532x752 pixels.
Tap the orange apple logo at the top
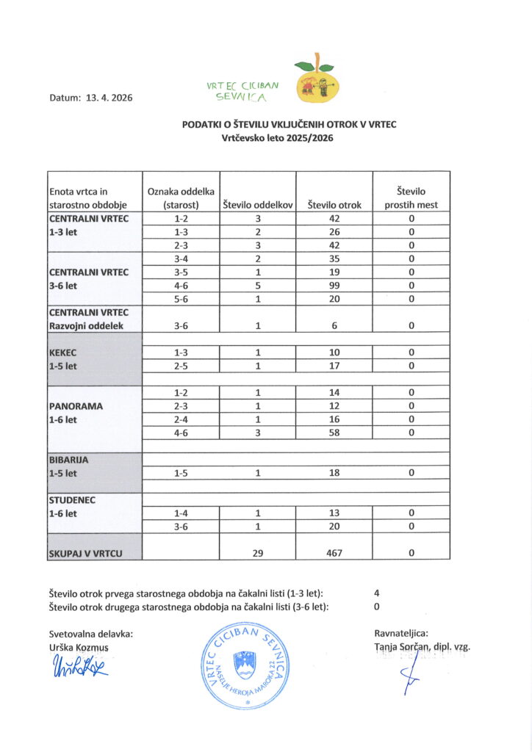click(317, 80)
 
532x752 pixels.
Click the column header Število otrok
click(334, 205)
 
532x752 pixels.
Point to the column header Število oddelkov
click(258, 205)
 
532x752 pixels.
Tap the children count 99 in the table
click(334, 285)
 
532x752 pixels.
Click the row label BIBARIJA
click(69, 460)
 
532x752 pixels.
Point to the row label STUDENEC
click(72, 499)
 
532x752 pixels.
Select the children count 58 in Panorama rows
click(334, 433)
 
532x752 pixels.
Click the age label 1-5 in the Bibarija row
click(181, 473)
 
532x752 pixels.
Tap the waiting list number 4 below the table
click(376, 593)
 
